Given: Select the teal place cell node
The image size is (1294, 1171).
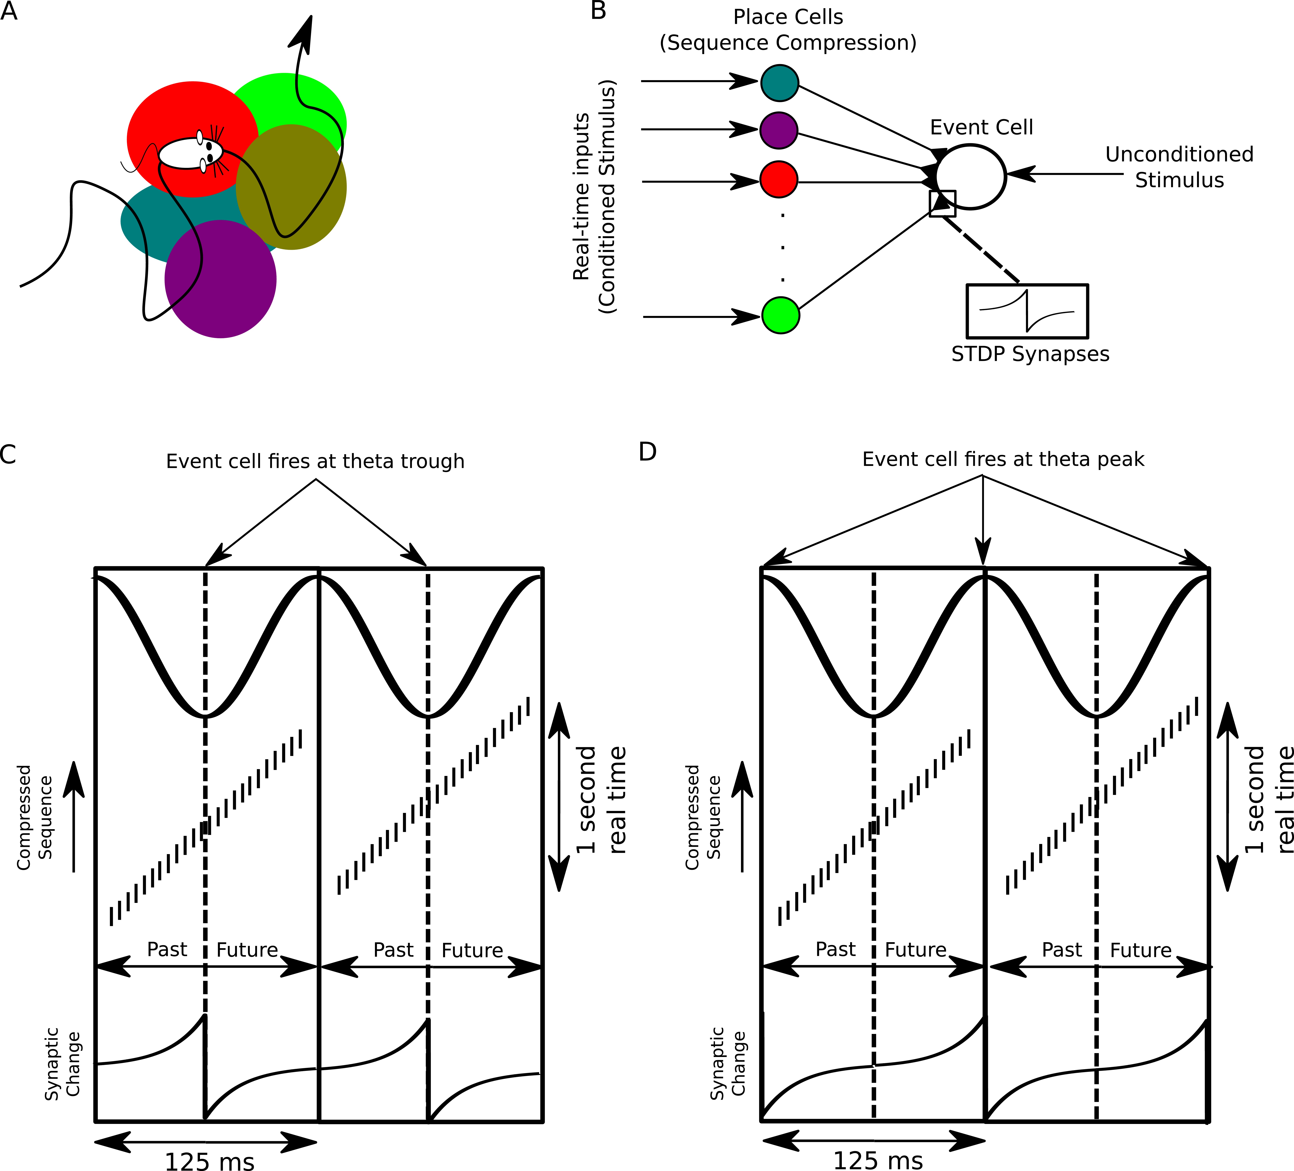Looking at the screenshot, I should click(779, 83).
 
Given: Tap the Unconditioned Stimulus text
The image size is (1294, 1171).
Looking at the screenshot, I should click(1179, 167).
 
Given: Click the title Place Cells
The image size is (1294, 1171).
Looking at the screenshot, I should click(788, 17).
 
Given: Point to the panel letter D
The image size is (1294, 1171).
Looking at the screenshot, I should click(647, 452).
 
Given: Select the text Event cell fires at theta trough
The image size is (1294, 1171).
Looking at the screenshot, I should click(315, 462).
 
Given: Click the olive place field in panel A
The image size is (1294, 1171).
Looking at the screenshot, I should click(292, 186).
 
